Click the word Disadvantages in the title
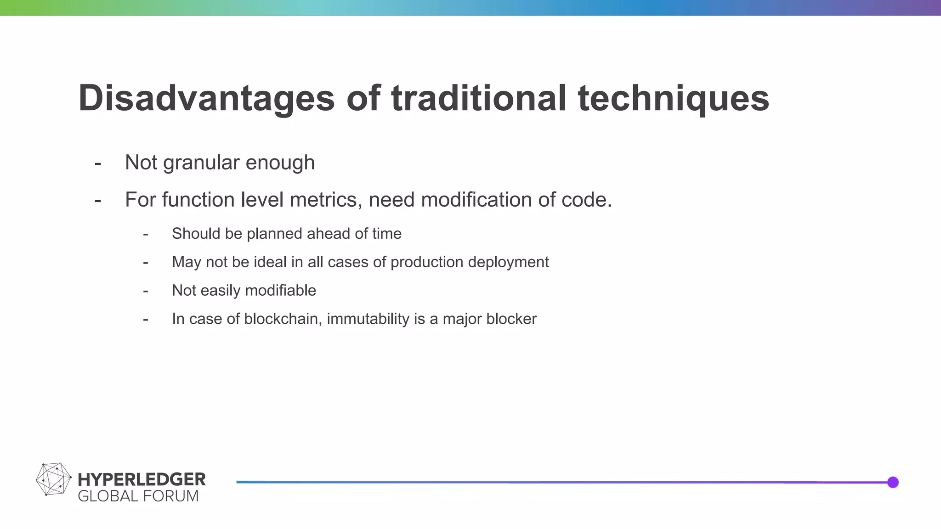point(206,99)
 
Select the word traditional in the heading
point(478,99)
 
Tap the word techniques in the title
point(673,99)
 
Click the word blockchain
point(281,319)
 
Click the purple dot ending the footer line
point(893,482)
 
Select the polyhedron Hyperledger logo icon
point(53,479)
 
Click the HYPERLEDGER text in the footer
point(142,479)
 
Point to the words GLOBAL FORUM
point(138,496)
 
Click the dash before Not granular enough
point(97,163)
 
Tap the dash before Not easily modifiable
point(145,291)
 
